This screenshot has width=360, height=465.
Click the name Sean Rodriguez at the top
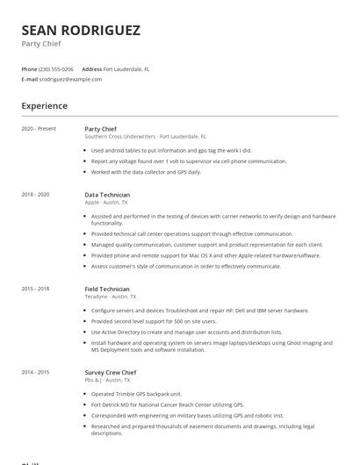tap(80, 30)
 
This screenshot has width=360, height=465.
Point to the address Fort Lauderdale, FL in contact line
tap(126, 68)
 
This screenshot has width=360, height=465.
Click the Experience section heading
tap(44, 106)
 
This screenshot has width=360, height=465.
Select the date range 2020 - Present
tap(39, 129)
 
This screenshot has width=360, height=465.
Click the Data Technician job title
tap(107, 195)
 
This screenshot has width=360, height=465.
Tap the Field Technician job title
tap(107, 289)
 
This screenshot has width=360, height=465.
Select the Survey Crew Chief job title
tap(111, 373)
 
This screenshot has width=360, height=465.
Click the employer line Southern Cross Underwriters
tap(145, 137)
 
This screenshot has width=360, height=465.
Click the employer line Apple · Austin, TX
tap(105, 203)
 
